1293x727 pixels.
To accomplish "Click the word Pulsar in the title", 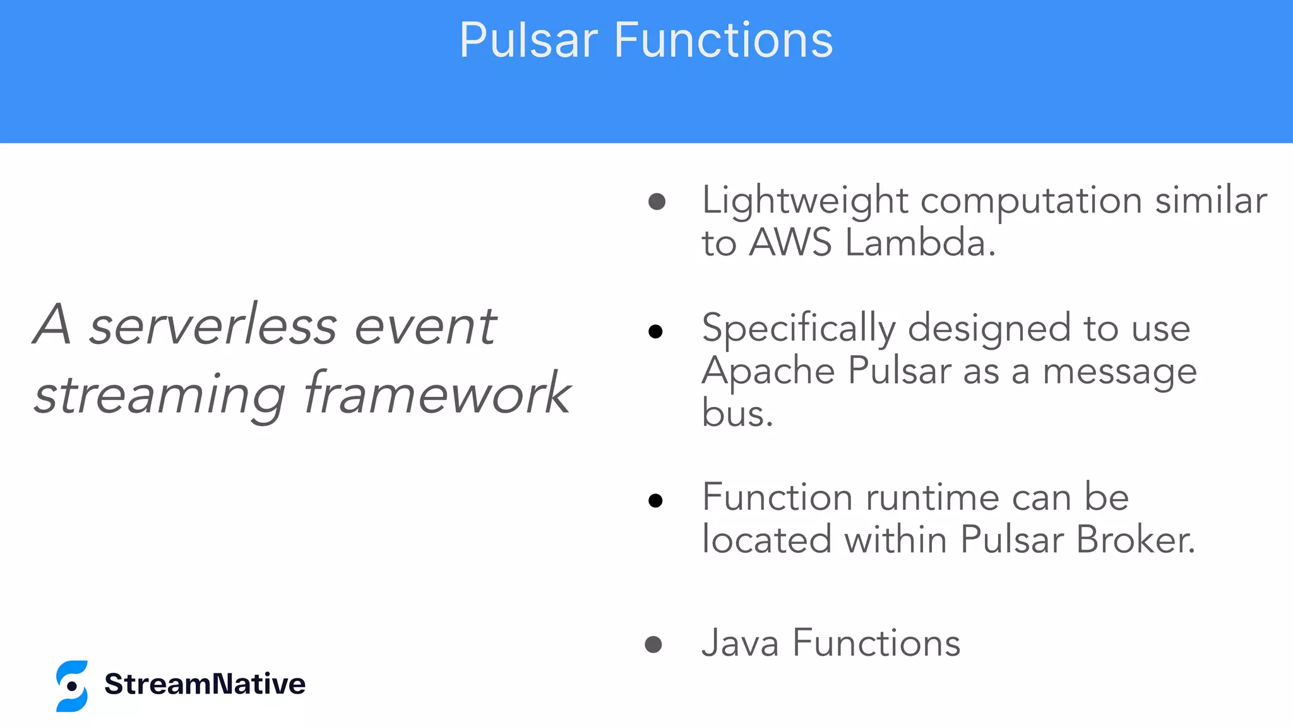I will tap(528, 40).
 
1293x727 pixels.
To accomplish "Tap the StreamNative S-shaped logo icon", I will tap(72, 686).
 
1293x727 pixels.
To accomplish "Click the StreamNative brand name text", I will tap(205, 684).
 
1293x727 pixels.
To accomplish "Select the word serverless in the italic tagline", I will tap(213, 326).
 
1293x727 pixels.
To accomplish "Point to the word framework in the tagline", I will tap(438, 394).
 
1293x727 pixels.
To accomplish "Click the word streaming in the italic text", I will tap(160, 395).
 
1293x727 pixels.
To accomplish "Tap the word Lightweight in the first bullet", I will tap(804, 201).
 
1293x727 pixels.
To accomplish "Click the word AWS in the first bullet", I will tap(790, 243).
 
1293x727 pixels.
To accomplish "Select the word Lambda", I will tap(920, 243).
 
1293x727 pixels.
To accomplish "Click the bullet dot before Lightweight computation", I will tap(657, 202).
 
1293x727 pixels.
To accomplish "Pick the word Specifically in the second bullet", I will tap(798, 329).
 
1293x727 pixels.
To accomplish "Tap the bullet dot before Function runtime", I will tap(655, 501).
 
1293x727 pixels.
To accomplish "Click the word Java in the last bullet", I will tap(740, 644).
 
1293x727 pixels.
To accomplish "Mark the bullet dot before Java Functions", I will tap(653, 644).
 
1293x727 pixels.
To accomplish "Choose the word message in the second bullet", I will tap(1119, 372).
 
